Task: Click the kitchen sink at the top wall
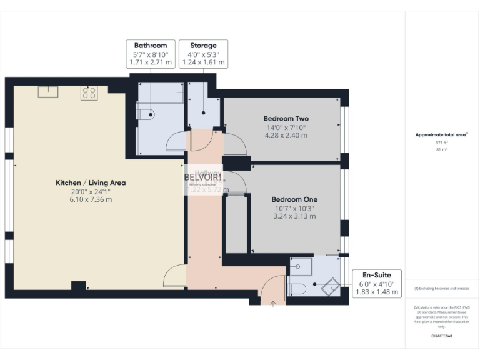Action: tap(48, 92)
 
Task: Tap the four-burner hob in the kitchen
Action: tap(89, 93)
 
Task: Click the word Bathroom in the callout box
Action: tap(150, 46)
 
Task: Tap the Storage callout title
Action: tap(203, 46)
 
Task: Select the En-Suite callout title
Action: tap(377, 274)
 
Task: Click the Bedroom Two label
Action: tap(286, 119)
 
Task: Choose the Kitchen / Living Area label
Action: tap(91, 182)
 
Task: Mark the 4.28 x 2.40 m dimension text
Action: tap(286, 136)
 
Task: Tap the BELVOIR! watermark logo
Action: tap(202, 177)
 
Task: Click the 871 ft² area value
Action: tap(442, 143)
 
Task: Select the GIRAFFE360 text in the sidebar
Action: tap(442, 337)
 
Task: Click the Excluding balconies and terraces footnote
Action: tap(442, 289)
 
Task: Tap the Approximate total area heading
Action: tap(441, 134)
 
